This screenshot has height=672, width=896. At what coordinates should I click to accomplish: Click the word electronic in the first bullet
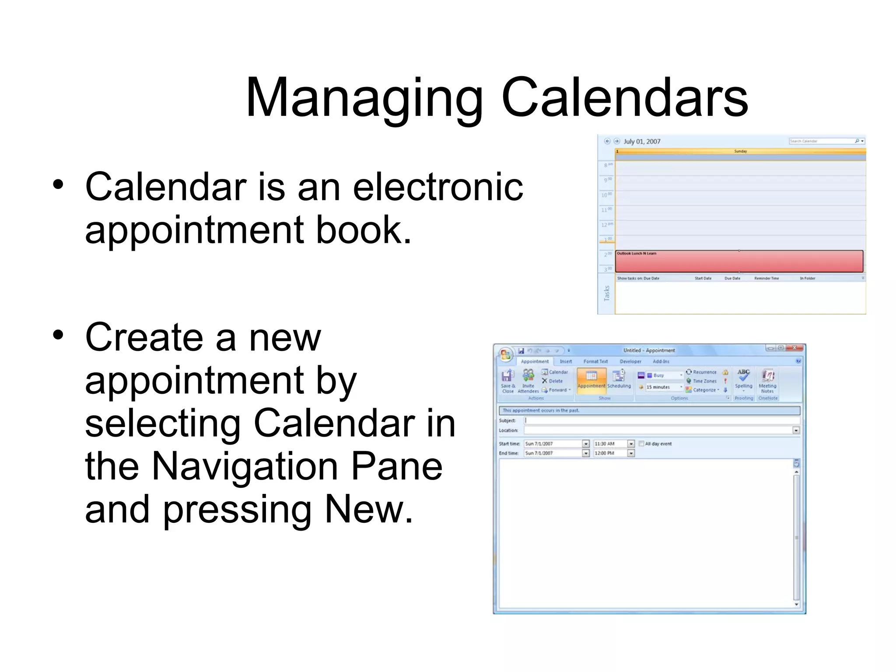coord(437,187)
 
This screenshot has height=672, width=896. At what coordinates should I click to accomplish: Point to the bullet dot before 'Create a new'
coord(58,335)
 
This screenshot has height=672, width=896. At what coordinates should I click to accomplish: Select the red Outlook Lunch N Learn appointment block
coord(738,262)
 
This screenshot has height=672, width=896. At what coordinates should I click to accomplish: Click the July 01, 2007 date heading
coord(642,141)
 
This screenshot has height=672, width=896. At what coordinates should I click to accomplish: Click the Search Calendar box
coord(821,141)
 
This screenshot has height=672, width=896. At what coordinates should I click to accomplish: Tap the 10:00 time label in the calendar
coord(606,195)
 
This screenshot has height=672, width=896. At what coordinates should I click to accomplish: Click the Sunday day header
coord(740,151)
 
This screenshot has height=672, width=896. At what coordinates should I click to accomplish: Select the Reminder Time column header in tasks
coord(766,278)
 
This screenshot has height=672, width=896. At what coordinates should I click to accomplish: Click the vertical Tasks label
coord(606,293)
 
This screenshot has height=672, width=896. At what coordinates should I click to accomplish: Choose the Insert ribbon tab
coord(566,361)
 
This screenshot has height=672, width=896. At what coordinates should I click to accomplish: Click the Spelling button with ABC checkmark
coord(743,378)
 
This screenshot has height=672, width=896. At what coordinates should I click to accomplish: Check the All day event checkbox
coord(641,444)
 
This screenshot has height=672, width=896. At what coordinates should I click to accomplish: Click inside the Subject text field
coord(661,420)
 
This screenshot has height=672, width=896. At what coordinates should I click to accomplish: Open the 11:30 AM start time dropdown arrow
coord(631,444)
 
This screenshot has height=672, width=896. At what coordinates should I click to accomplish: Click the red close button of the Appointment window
coord(794,348)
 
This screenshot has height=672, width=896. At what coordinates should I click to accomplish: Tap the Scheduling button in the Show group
coord(619,379)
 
